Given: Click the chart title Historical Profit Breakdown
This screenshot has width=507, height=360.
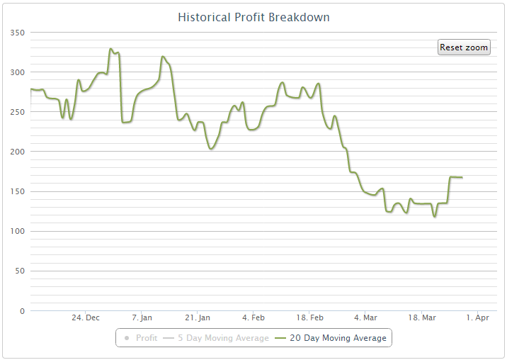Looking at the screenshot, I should click(x=253, y=17).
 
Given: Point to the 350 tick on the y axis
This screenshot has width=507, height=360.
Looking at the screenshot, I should click(x=18, y=33).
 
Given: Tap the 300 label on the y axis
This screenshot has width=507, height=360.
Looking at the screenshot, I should click(x=18, y=72).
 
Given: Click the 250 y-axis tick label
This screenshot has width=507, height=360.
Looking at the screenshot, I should click(x=18, y=112).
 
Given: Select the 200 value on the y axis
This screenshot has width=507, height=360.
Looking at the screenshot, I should click(x=18, y=152).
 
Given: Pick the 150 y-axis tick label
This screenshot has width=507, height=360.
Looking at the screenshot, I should click(x=18, y=191).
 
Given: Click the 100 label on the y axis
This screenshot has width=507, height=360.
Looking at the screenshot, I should click(x=18, y=231).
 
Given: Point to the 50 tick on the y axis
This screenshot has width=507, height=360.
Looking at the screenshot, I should click(x=20, y=271).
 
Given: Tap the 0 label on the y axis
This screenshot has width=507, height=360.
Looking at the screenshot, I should click(x=22, y=310).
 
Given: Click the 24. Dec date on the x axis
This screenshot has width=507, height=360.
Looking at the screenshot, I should click(x=86, y=317).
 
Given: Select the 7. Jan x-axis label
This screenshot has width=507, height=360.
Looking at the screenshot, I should click(x=142, y=317).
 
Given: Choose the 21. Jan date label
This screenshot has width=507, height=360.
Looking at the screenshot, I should click(x=198, y=317).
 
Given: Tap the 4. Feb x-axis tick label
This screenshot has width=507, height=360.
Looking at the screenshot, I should click(x=253, y=317).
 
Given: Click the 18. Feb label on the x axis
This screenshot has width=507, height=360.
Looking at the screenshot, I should click(x=309, y=317).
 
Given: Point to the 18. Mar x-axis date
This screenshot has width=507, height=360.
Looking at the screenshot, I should click(x=422, y=317).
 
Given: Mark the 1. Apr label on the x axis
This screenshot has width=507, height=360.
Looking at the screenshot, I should click(x=478, y=317).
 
